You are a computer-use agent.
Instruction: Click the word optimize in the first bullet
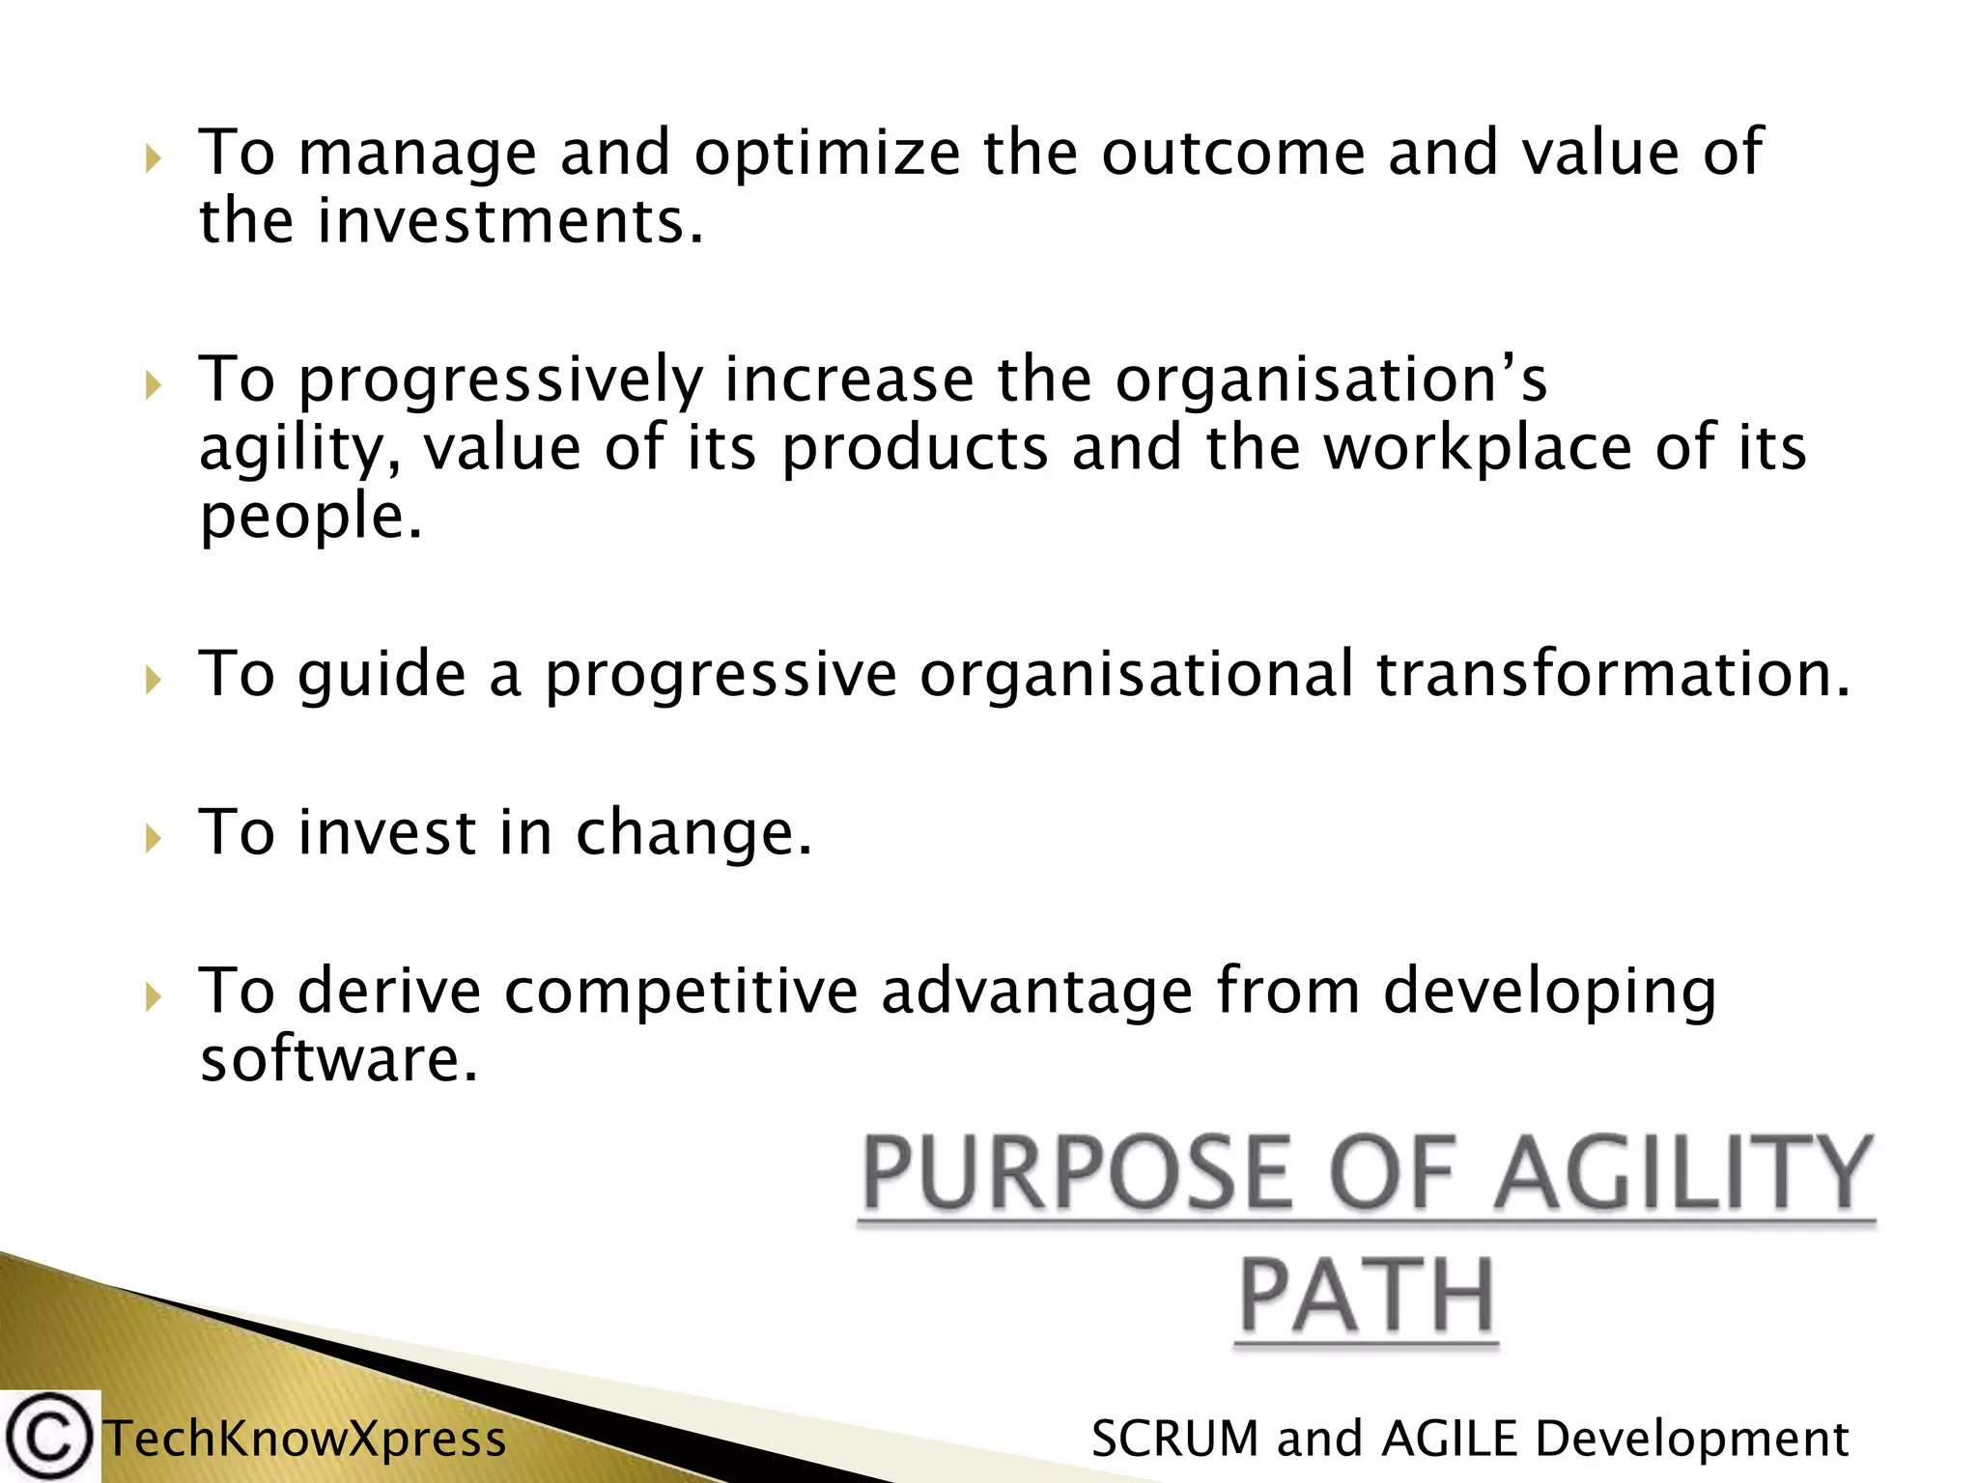pyautogui.click(x=827, y=154)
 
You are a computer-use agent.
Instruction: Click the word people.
pyautogui.click(x=310, y=518)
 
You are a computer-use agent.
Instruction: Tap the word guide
pyautogui.click(x=381, y=675)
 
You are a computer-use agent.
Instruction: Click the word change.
pyautogui.click(x=693, y=833)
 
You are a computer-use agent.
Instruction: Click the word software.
pyautogui.click(x=338, y=1060)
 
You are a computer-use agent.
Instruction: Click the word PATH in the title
pyautogui.click(x=1367, y=1296)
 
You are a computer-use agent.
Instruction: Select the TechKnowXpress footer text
pyautogui.click(x=305, y=1439)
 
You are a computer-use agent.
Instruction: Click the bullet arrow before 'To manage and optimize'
pyautogui.click(x=153, y=157)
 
